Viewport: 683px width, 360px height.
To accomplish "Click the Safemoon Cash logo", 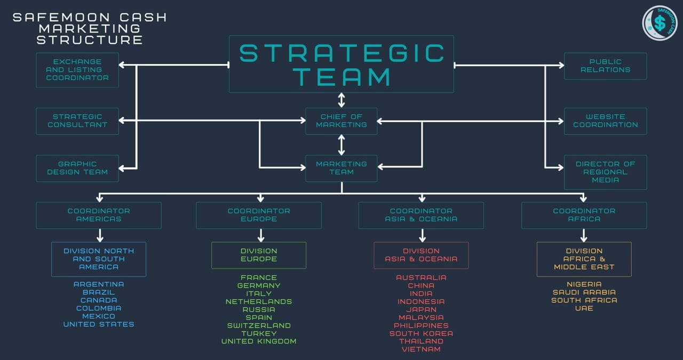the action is (x=660, y=23).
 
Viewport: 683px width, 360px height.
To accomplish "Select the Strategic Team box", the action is (x=341, y=64).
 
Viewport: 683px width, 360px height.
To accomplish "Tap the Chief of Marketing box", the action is (x=341, y=121).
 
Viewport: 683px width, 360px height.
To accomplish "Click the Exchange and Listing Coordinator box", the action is (x=77, y=70).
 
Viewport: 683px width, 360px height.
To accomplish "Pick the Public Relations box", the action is (x=605, y=66).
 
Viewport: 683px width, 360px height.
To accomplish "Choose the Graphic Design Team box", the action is (x=77, y=168).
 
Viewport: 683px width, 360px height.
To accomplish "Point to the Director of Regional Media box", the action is (x=605, y=172).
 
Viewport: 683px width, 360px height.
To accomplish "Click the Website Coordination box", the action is (x=605, y=121).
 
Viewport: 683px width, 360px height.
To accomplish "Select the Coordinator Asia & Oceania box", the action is (x=421, y=215).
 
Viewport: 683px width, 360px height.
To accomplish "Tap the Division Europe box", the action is (x=259, y=255).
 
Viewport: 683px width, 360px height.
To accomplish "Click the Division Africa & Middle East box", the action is (x=584, y=259).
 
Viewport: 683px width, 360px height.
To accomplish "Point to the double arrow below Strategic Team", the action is (x=341, y=100).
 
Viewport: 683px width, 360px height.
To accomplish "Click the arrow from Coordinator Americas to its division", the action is (x=100, y=235).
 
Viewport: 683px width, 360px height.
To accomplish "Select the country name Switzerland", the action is (x=259, y=325).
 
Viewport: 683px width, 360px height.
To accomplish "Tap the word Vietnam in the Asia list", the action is (x=421, y=349).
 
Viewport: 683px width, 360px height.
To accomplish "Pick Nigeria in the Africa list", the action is (x=584, y=284).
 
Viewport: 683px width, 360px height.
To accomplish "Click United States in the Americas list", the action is (x=99, y=324).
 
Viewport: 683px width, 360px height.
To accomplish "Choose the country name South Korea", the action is (x=421, y=333).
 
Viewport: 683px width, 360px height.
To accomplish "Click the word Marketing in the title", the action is (x=89, y=29).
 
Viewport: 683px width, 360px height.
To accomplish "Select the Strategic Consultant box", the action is (x=77, y=121).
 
